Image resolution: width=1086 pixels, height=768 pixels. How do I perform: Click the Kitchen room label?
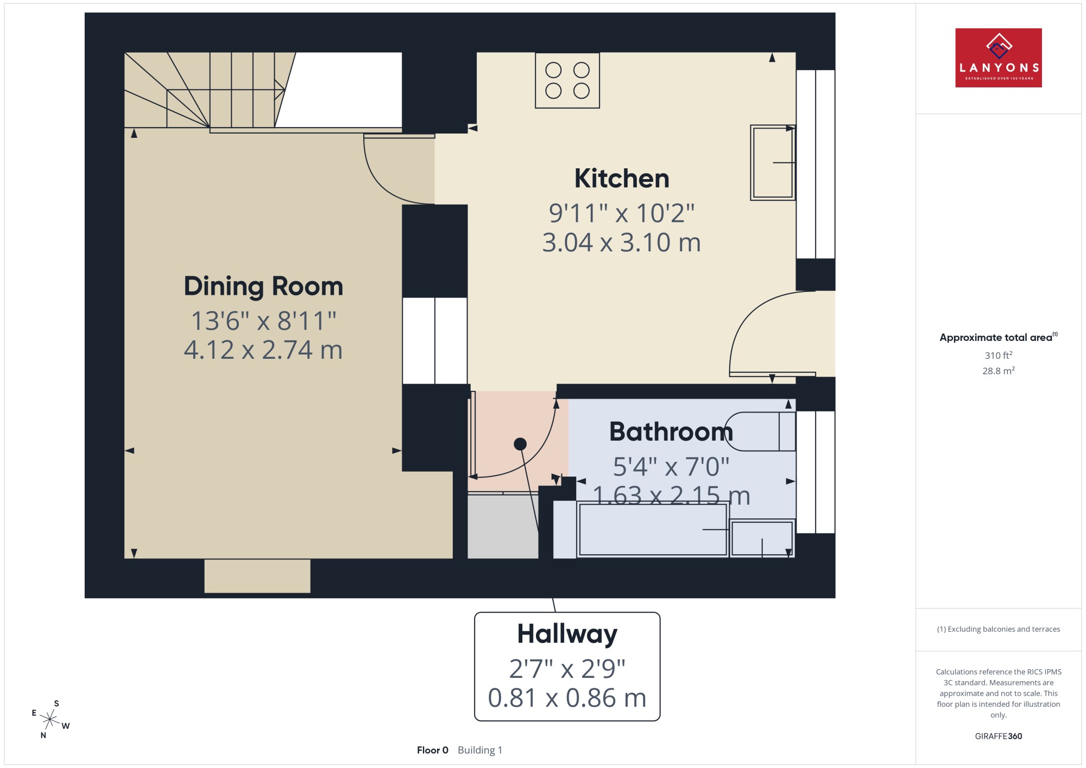[622, 179]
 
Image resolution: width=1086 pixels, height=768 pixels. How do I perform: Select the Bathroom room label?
[671, 432]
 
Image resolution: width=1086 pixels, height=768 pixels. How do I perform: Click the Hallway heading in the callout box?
[567, 634]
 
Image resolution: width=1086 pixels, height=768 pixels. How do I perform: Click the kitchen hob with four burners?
[567, 80]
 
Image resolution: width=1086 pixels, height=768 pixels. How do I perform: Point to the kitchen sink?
[773, 163]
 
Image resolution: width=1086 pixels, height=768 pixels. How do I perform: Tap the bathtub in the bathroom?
[653, 529]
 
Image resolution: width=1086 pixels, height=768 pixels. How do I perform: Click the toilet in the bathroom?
[760, 431]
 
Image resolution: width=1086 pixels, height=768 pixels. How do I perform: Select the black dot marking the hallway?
[520, 444]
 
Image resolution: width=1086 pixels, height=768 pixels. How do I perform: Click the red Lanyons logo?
[999, 58]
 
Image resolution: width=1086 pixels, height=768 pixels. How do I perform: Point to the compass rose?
[50, 720]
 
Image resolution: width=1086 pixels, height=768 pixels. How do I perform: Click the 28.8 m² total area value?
[999, 371]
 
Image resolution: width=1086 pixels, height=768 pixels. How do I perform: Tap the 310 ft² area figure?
[999, 355]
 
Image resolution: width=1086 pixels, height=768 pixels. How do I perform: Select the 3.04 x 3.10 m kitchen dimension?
[622, 243]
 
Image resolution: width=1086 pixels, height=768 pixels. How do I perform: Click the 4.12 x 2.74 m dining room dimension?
[263, 350]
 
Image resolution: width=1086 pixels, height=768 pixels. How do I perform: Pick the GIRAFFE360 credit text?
[999, 736]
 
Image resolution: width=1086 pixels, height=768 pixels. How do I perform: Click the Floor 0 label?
[433, 750]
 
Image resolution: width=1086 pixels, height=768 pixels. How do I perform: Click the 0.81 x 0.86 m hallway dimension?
[567, 698]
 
